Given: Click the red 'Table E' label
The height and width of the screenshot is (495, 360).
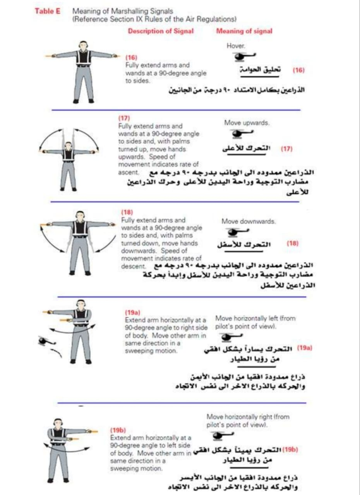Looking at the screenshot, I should [48, 11].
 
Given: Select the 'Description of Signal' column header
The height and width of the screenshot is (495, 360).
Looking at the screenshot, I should [161, 31].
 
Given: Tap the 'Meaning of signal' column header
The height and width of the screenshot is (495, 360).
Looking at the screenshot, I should [244, 31].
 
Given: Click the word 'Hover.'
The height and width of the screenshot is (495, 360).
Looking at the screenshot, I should [236, 46].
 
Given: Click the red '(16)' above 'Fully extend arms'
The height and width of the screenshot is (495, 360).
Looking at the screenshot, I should [131, 58].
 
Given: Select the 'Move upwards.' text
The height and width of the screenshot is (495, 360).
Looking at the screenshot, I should [247, 123].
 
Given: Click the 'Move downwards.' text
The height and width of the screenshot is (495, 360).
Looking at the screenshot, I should [249, 222].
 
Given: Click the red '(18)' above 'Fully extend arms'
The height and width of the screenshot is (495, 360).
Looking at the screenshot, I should [127, 212].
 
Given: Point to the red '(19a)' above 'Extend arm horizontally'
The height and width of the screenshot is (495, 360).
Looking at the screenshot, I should [132, 312].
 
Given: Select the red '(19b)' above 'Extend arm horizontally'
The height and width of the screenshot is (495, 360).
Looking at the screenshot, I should [118, 430].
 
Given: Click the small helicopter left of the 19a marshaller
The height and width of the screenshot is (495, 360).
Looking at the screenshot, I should [45, 341].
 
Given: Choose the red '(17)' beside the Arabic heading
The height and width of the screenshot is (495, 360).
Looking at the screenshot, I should [286, 148].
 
